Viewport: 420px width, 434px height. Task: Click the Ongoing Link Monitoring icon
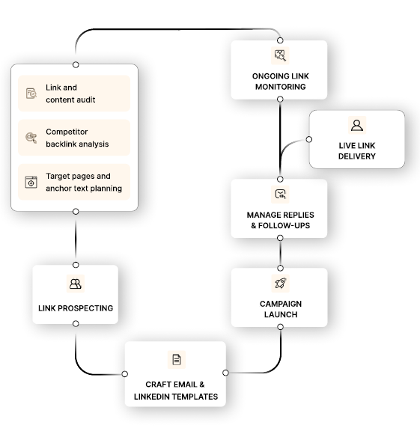(279, 55)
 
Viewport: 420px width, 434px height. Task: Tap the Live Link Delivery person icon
(356, 125)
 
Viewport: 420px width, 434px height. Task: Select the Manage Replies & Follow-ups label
(279, 220)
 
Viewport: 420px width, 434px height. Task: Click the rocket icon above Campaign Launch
(279, 283)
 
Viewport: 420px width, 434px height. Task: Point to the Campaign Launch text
(279, 309)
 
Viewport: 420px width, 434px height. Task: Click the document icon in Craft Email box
(176, 360)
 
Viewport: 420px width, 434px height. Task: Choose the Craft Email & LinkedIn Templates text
(176, 390)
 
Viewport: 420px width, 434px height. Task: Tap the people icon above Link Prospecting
(75, 284)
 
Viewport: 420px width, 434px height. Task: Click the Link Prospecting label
(76, 308)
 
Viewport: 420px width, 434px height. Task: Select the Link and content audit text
(70, 94)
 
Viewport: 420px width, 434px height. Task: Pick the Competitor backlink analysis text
(77, 138)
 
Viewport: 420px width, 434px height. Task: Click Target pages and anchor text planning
(83, 183)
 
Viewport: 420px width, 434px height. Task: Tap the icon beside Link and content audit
(31, 94)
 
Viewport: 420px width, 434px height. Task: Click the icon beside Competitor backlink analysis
(31, 138)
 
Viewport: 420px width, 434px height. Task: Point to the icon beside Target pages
(31, 183)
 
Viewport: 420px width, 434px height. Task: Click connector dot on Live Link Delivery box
(308, 139)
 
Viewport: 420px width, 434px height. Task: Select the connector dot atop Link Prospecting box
(76, 264)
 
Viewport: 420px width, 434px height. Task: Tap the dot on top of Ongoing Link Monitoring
(279, 40)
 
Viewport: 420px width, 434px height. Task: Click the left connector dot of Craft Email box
(125, 373)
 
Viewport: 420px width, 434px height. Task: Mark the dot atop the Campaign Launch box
(279, 267)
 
